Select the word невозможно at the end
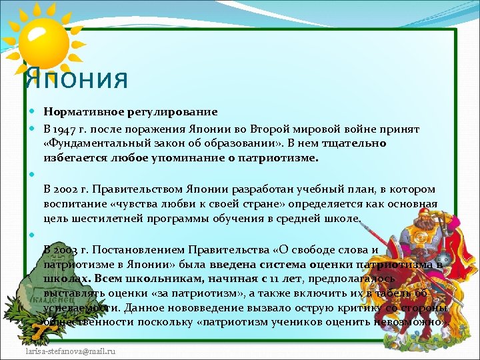pyautogui.click(x=415, y=321)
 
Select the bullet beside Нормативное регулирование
pyautogui.click(x=33, y=112)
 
